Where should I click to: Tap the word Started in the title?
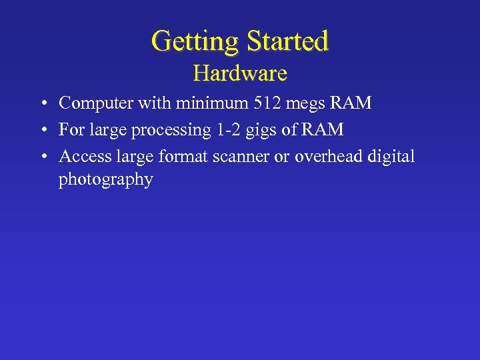tap(287, 41)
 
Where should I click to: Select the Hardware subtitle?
tap(240, 73)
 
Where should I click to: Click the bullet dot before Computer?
tap(42, 104)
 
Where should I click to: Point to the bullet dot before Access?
tap(42, 157)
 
